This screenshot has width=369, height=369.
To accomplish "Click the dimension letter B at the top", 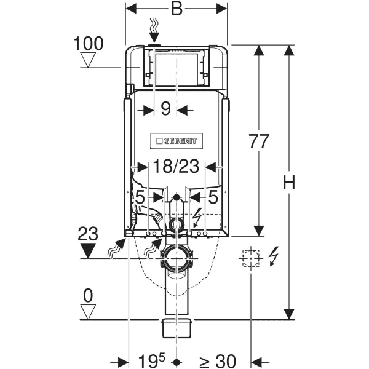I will (x=177, y=10).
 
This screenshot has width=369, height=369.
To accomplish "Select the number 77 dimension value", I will (x=260, y=141).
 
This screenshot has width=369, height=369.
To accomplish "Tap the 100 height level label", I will (x=89, y=43).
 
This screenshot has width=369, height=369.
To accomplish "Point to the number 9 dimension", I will (x=165, y=109).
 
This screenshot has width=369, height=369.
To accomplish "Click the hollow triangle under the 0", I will (x=90, y=311).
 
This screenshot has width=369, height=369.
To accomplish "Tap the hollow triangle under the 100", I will (x=90, y=60).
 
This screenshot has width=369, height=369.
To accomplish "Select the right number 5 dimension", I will (x=213, y=197).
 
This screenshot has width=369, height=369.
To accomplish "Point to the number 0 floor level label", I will (x=89, y=295).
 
